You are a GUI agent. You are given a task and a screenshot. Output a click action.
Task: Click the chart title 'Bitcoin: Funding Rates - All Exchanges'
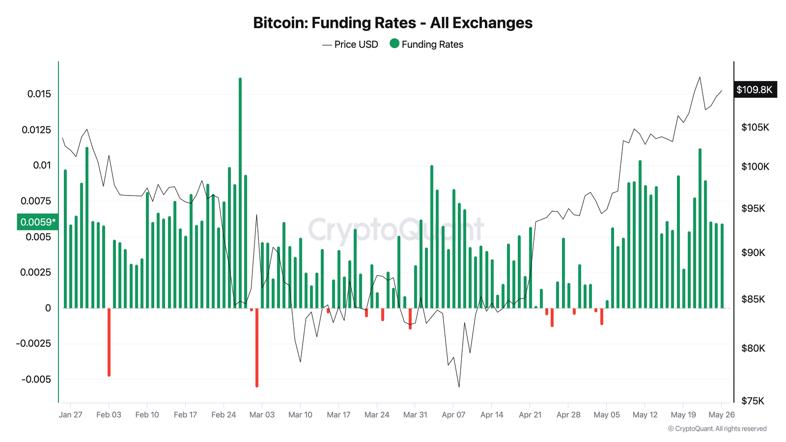pyautogui.click(x=393, y=23)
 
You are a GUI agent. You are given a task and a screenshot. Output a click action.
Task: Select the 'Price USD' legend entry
pyautogui.click(x=350, y=44)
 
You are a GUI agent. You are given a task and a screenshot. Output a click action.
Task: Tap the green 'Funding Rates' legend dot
pyautogui.click(x=394, y=44)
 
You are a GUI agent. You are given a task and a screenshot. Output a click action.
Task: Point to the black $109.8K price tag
pyautogui.click(x=755, y=90)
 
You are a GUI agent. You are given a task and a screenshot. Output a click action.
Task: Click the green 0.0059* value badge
pyautogui.click(x=38, y=222)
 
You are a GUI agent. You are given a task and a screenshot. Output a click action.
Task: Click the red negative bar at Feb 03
pyautogui.click(x=109, y=342)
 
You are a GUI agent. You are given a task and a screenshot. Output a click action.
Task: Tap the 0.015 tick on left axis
pyautogui.click(x=39, y=94)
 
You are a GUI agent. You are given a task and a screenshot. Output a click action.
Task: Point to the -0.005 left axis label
pyautogui.click(x=36, y=379)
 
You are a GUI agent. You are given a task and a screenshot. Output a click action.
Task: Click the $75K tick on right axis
pyautogui.click(x=753, y=401)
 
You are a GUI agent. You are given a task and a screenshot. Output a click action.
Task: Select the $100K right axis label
pyautogui.click(x=755, y=166)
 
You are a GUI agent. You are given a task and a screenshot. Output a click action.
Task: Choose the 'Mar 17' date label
pyautogui.click(x=338, y=414)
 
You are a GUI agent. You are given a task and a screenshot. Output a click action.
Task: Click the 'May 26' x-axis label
pyautogui.click(x=721, y=414)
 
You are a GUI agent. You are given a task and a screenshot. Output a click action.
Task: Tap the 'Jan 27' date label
pyautogui.click(x=71, y=414)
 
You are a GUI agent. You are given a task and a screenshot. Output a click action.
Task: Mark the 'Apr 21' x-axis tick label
pyautogui.click(x=530, y=414)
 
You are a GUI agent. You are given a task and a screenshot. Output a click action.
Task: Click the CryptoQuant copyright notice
pyautogui.click(x=717, y=429)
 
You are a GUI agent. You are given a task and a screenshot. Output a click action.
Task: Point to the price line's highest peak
pyautogui.click(x=700, y=77)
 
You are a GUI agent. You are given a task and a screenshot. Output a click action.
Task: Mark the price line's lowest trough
pyautogui.click(x=459, y=387)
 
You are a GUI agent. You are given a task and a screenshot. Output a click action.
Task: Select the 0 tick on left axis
pyautogui.click(x=48, y=308)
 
